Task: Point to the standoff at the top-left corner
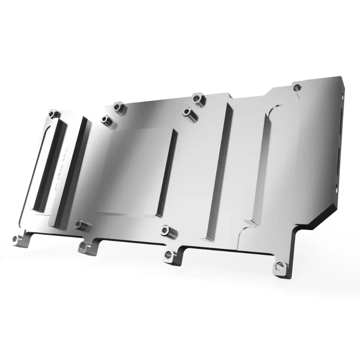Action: coord(53,114)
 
